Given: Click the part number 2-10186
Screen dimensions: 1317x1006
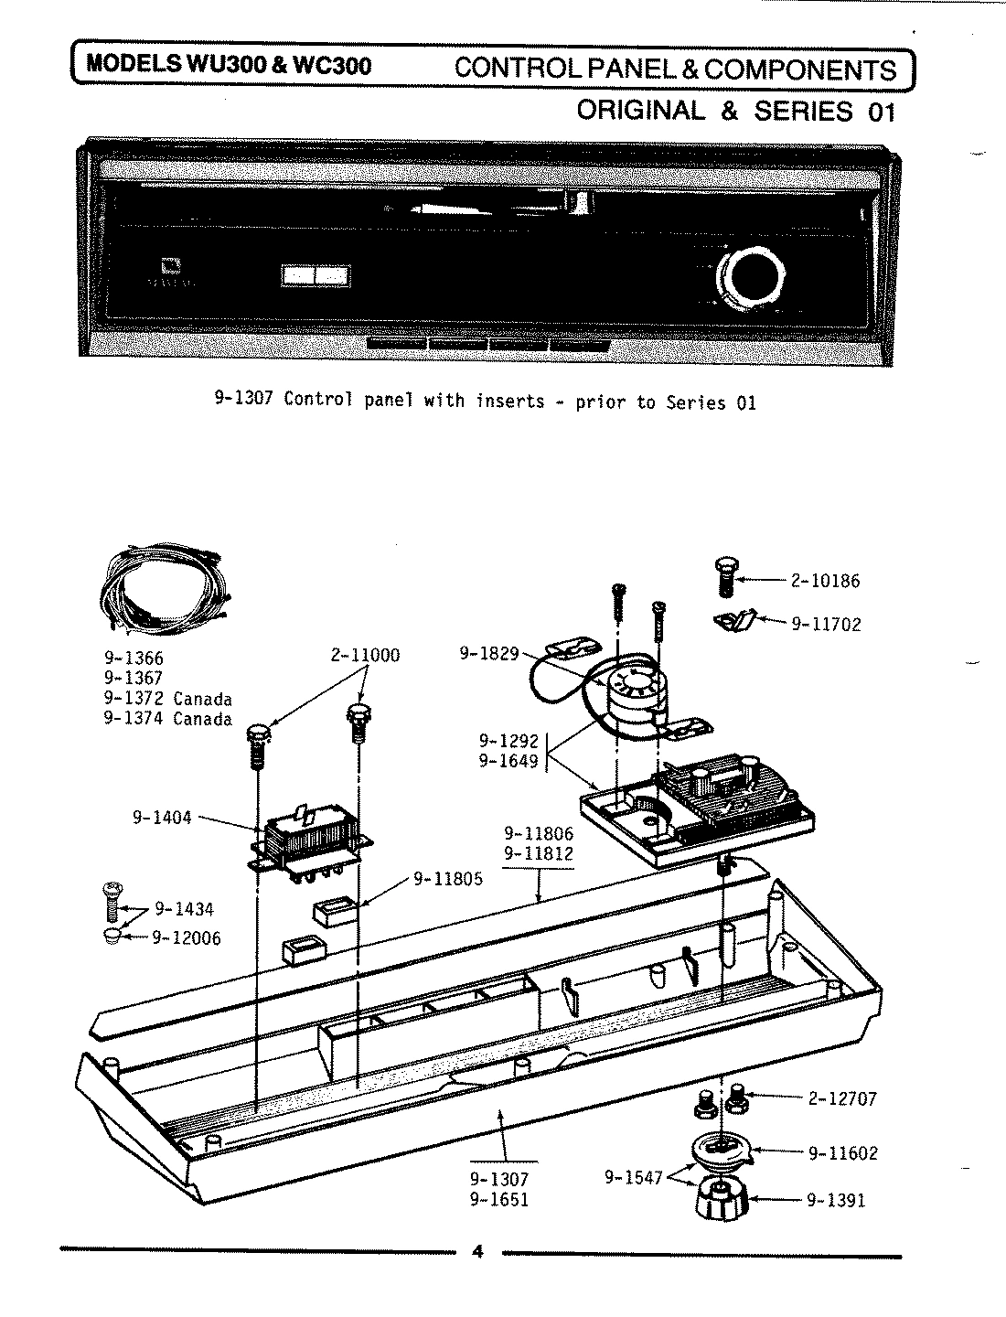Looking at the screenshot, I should pos(825,581).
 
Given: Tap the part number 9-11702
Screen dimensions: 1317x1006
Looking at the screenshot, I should pos(826,625).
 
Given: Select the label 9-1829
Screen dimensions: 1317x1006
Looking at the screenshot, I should pos(488,654).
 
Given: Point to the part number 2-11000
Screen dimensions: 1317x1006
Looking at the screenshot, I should pos(365,656).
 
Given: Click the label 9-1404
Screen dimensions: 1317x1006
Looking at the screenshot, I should pos(162,818).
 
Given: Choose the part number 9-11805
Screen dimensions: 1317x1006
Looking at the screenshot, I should pos(447,880).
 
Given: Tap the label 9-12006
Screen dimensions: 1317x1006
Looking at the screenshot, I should pos(186,937).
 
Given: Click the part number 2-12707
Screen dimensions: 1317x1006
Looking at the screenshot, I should pos(841,1098).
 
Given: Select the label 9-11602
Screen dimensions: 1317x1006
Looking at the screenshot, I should pos(842,1153).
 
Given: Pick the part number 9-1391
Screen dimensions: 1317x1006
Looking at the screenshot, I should pos(835,1201).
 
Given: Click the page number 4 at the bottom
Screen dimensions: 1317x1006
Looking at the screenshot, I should pos(476,1252).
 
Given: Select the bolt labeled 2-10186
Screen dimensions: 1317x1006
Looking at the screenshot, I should pos(723,578).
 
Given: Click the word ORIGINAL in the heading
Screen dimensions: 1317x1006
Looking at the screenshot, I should pos(641,111).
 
